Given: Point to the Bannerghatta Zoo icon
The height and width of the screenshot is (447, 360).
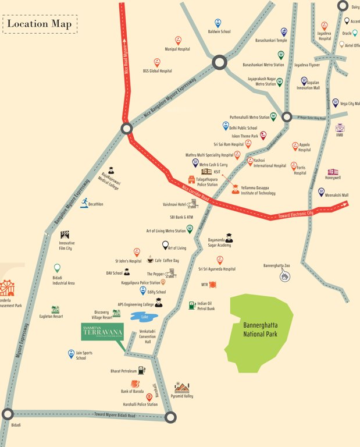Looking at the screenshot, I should (284, 277).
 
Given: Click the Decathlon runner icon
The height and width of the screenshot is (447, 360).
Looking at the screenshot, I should (85, 202).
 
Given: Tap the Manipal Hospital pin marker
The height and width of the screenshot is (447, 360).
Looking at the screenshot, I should (178, 41).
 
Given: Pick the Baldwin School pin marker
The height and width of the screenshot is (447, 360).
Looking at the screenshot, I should (218, 23).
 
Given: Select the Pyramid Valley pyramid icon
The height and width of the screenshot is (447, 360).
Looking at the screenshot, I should (182, 387).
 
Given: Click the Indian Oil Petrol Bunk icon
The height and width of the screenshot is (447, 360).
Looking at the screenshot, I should (191, 305).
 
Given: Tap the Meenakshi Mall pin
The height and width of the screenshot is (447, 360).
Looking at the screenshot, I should (321, 191).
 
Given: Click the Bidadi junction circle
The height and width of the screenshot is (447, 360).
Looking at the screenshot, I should (8, 414).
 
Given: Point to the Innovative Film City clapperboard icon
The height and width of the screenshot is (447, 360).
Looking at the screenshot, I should (64, 235).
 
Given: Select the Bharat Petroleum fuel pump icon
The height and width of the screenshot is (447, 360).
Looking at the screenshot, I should (142, 370).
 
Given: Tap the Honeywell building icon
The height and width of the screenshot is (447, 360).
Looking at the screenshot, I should (333, 172).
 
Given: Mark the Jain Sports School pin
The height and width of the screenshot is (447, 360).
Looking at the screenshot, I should (72, 353).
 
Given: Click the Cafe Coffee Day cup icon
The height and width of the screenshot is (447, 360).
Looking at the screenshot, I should (150, 260).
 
